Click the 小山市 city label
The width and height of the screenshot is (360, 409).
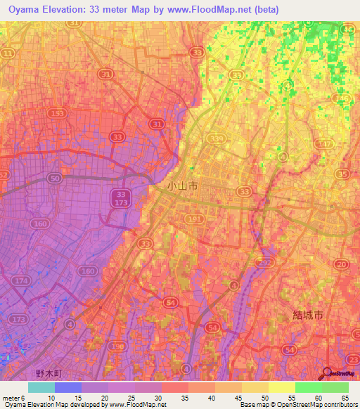183,186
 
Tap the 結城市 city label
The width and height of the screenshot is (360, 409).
309,316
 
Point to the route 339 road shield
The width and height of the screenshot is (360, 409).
214,140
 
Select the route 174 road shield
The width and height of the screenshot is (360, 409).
22,280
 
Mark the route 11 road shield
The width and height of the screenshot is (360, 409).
8,53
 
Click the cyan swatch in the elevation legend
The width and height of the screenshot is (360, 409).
41,387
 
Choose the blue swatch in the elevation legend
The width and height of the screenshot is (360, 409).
68,387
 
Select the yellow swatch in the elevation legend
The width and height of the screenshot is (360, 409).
282,387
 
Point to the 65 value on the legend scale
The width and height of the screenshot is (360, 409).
345,398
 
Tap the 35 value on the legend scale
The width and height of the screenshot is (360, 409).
184,398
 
